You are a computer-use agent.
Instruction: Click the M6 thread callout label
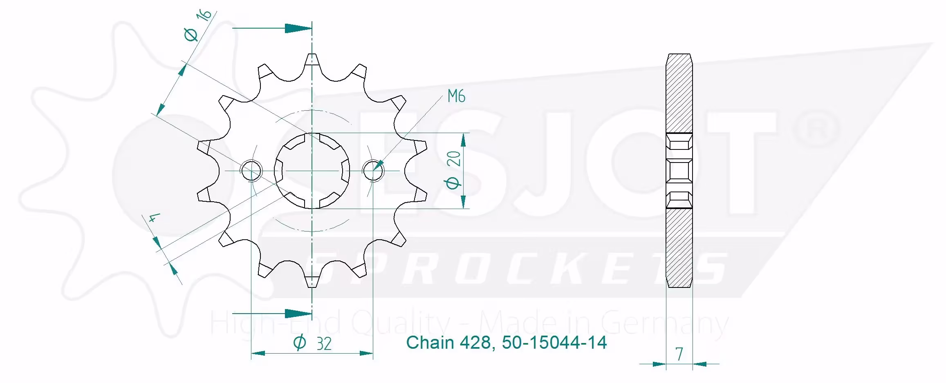(456, 96)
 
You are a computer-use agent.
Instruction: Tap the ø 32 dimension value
(312, 343)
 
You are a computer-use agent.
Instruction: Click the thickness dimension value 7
(679, 354)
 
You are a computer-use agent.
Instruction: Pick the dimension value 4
(152, 218)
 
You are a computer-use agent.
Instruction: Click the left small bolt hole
(251, 170)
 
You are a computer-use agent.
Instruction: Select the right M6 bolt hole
(373, 170)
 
